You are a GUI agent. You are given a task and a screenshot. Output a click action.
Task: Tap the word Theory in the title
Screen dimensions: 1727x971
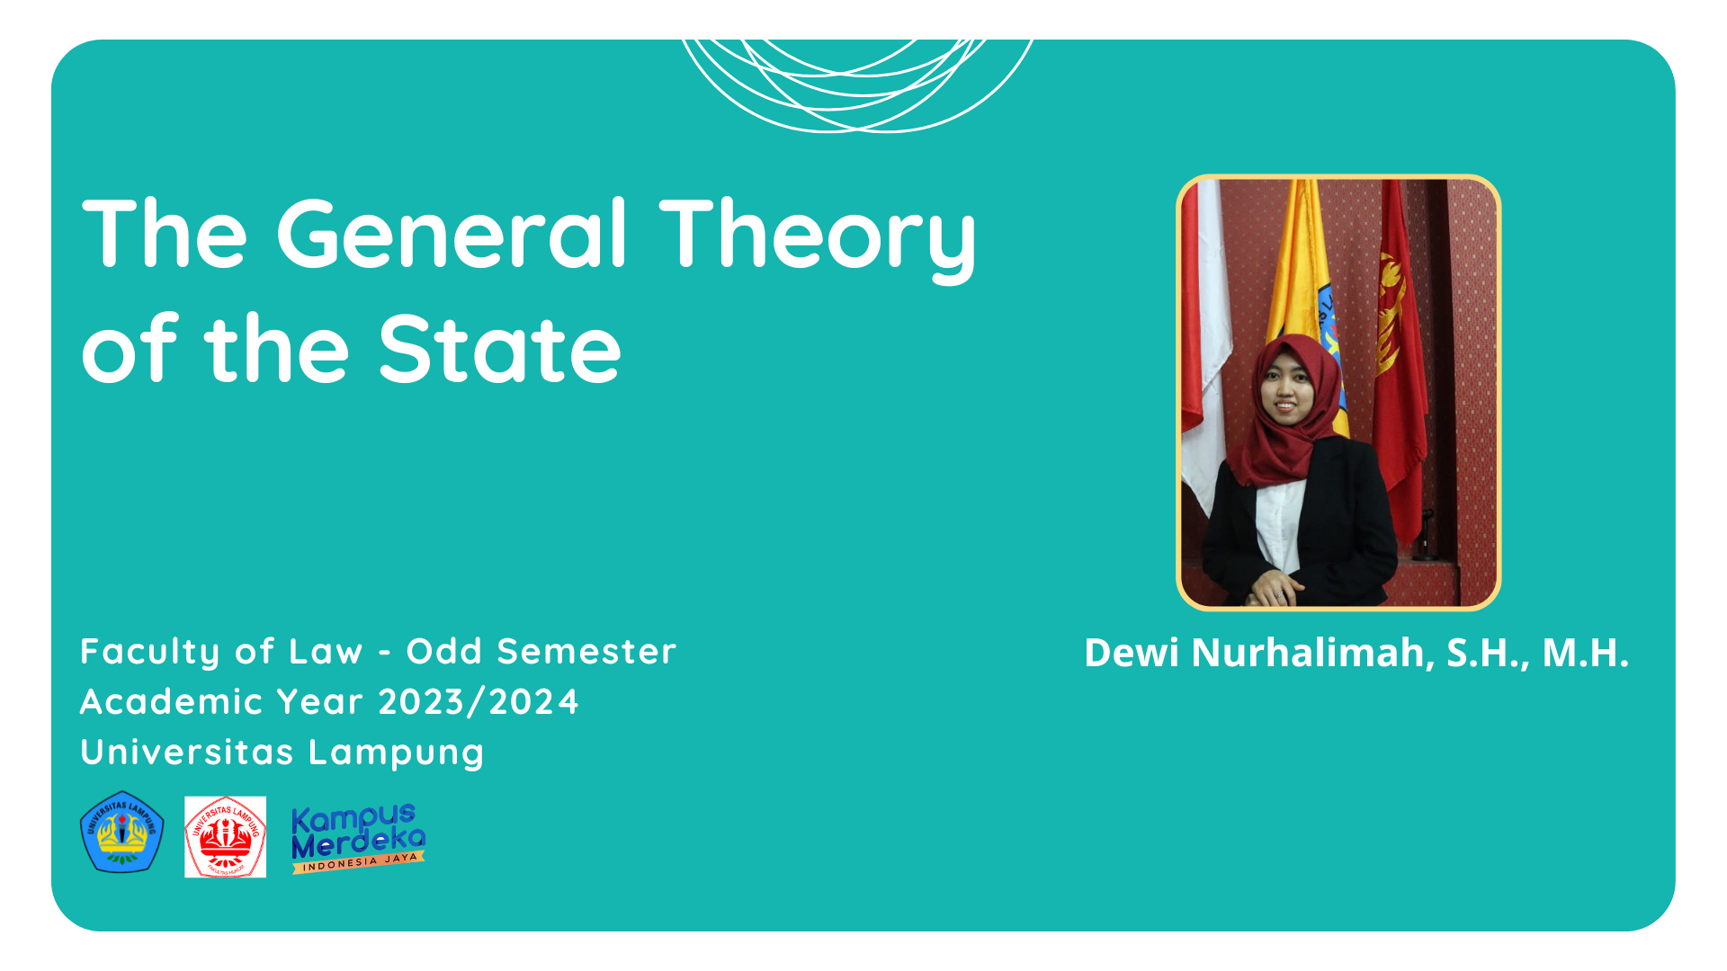pos(818,237)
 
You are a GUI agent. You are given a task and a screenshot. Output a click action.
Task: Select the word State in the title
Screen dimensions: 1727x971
pos(500,350)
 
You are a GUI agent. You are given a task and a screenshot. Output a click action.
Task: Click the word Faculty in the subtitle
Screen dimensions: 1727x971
pos(149,652)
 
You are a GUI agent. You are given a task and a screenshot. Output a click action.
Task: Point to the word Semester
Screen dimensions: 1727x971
pos(586,651)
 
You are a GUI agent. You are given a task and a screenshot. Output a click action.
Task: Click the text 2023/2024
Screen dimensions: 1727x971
pos(479,701)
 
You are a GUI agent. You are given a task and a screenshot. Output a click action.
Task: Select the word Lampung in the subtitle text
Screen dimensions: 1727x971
pos(397,753)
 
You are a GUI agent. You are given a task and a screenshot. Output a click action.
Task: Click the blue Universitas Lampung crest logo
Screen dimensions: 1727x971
pos(122,833)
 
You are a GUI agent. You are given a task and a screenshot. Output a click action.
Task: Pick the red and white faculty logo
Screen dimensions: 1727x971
pos(225,837)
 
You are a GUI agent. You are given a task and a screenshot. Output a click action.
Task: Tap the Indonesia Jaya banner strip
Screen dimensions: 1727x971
pos(358,863)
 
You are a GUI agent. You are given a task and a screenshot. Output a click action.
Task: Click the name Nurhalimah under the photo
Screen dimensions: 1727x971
pos(1312,653)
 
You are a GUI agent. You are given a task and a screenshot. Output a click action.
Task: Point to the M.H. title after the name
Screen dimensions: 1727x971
pos(1586,653)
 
